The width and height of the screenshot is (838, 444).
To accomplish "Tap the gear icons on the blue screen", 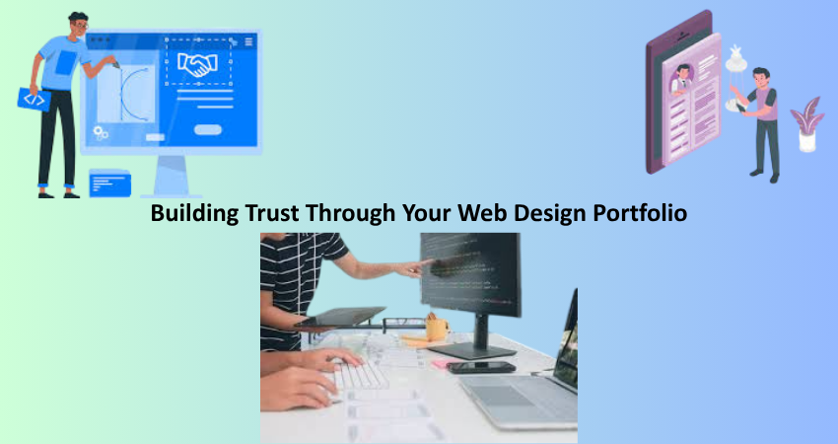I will (x=101, y=131).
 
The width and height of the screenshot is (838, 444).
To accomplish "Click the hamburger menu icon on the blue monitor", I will (x=248, y=41).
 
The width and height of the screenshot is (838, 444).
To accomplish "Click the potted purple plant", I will (x=806, y=123).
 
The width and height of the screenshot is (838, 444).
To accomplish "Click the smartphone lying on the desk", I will (x=480, y=367).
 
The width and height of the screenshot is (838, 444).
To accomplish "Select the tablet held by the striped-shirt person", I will (x=339, y=317).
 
